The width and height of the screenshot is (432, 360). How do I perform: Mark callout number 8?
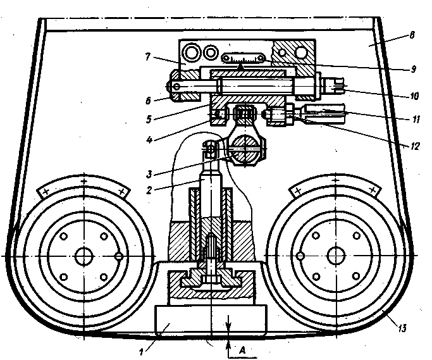point(412,36)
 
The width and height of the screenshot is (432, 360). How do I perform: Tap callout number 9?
point(414,66)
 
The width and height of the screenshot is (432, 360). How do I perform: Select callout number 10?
point(414,97)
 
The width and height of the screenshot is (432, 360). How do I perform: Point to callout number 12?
point(415,145)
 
